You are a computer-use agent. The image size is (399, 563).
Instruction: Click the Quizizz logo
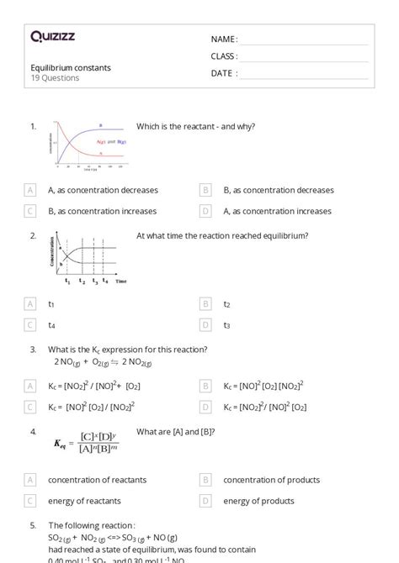point(52,36)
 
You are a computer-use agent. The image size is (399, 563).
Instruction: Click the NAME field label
point(224,39)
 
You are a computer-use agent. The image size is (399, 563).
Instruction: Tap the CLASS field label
point(224,56)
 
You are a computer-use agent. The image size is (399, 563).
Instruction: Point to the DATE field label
point(224,73)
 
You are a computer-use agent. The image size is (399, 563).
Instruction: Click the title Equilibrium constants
point(71,68)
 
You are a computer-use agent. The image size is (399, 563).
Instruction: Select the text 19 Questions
point(56,78)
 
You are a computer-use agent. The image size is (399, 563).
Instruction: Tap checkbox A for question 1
point(31,191)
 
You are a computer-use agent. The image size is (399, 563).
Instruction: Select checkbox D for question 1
point(206,211)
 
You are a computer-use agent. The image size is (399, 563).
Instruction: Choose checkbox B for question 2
point(206,304)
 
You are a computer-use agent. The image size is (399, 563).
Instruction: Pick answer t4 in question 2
point(51,325)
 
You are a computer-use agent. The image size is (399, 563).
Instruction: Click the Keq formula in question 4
point(86,442)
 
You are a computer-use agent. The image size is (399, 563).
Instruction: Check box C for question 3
point(31,407)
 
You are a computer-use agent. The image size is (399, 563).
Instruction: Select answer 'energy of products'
point(258,501)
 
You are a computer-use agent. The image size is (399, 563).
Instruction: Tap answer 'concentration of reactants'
point(97,480)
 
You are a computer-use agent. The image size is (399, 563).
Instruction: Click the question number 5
point(33,524)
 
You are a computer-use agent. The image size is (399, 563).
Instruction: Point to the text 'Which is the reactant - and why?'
point(195,127)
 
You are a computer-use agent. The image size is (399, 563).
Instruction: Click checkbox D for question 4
point(206,501)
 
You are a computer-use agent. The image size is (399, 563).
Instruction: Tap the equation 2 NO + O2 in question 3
point(100,362)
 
